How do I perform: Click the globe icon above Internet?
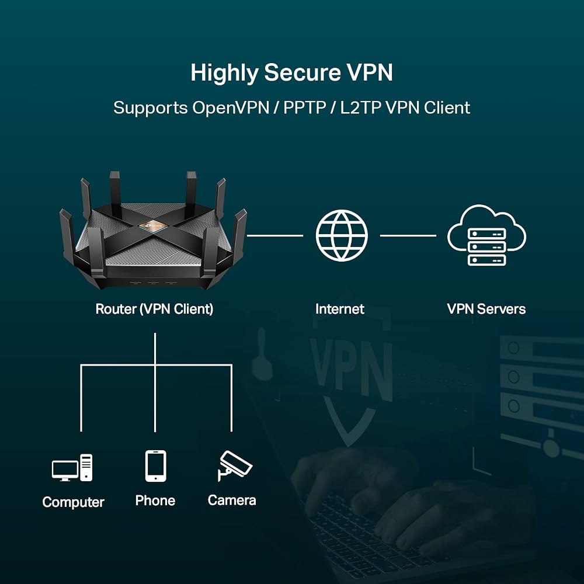point(342,235)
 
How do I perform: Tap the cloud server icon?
point(486,235)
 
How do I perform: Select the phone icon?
point(156,466)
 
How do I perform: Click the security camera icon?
point(235,465)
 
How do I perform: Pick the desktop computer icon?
point(72,468)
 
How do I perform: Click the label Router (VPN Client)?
point(154,309)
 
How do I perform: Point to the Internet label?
point(340,309)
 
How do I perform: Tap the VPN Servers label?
point(486,309)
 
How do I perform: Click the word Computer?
point(73,502)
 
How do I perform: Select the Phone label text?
point(155,500)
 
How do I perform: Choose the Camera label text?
point(232,500)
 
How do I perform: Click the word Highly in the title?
point(224,73)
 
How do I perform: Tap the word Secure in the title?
point(303,72)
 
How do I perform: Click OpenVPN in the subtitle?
point(231,108)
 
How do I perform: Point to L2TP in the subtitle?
point(360,108)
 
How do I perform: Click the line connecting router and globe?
point(275,235)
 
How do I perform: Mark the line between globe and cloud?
point(408,235)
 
